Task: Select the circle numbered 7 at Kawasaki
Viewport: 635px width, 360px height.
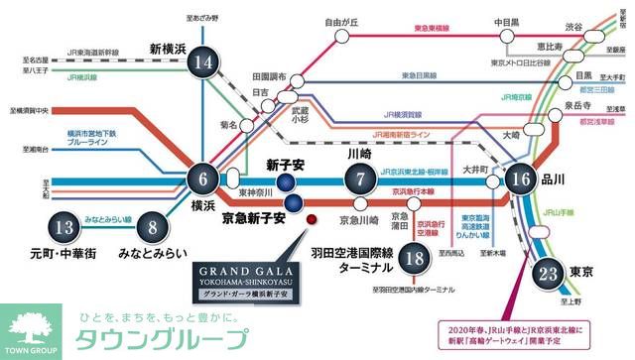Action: pos(360,180)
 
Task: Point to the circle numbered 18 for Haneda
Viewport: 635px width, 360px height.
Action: pos(416,260)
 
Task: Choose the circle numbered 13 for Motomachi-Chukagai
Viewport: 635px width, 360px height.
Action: pos(65,227)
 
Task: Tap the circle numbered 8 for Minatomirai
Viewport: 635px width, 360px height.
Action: pos(152,227)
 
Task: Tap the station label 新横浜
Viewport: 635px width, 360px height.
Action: pos(170,48)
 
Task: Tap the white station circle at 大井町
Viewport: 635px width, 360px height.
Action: pos(493,182)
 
